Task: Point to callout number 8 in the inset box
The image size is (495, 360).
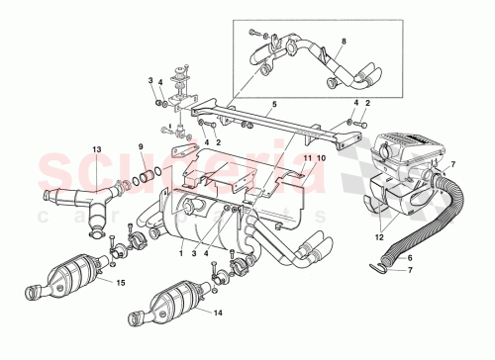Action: point(344,42)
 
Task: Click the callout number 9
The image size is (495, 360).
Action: point(141,148)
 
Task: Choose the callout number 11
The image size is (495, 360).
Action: point(307,158)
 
